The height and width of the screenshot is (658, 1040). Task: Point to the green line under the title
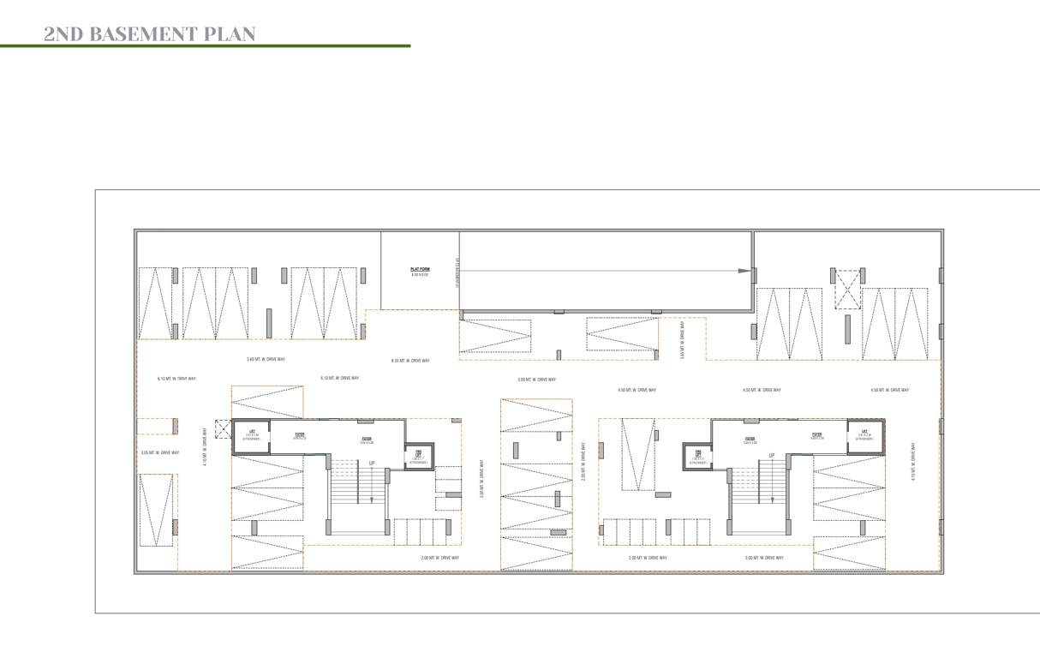click(206, 45)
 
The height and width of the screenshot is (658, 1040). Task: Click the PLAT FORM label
click(420, 271)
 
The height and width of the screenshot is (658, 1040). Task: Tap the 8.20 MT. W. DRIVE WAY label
click(410, 361)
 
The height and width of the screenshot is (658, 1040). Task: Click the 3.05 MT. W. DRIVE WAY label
click(160, 452)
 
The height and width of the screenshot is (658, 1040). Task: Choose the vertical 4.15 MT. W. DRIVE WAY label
click(914, 463)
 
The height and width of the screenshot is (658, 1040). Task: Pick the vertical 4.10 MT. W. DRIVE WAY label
click(205, 446)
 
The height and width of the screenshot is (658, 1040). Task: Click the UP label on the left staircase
click(372, 464)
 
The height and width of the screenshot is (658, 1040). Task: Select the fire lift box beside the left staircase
click(420, 456)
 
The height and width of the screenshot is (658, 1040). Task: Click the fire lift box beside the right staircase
click(698, 456)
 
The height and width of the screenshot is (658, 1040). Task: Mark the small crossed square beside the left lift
click(224, 429)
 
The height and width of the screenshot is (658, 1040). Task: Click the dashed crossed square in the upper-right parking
click(847, 290)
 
